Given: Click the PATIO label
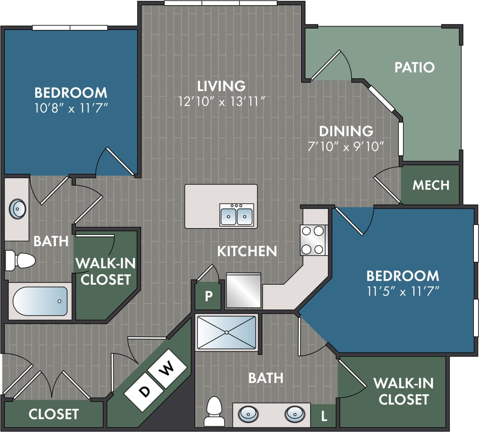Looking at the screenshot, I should coord(414,67).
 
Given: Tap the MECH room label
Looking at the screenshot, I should coord(431,185).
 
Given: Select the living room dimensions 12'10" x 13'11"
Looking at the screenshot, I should coord(222,102).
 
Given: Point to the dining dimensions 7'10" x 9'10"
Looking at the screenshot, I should coord(345,146).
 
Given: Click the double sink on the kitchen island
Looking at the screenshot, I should coord(237,215).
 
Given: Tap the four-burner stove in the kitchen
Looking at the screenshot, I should coord(313,240).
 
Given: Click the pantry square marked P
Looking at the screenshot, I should coord(209,296).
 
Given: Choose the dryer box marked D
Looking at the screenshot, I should coord(144,392).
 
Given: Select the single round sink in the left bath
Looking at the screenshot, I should coord(17,209).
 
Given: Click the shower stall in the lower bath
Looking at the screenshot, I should coord(226,333).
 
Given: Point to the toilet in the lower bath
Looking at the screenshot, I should coord(215,412).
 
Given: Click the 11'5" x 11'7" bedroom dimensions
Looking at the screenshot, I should coord(403,291).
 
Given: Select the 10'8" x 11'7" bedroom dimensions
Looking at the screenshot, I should coord(71,109).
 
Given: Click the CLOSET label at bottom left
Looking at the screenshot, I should coord(54,414).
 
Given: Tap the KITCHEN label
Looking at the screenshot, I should coord(247,251).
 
